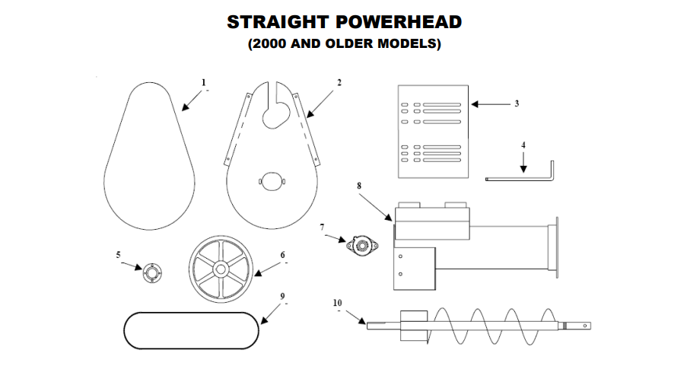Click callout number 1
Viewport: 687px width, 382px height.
click(x=203, y=81)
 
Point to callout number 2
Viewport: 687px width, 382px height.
click(x=339, y=82)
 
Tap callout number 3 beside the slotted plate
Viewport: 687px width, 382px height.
click(x=516, y=103)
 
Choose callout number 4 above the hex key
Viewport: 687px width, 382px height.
click(x=523, y=144)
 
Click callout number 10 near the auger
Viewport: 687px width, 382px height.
click(x=338, y=302)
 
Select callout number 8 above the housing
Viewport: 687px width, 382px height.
click(x=359, y=184)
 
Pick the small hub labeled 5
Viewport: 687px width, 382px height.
click(x=151, y=272)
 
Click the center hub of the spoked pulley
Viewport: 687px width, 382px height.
click(x=220, y=269)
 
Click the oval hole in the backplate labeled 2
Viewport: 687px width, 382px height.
click(x=272, y=181)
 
